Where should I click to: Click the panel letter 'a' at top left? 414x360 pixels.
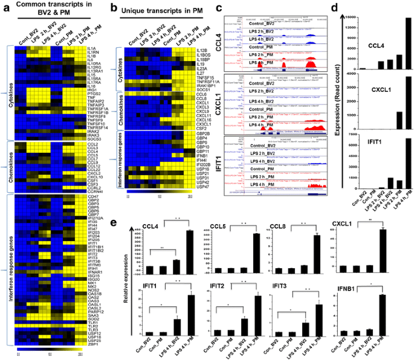click(x=5, y=8)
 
